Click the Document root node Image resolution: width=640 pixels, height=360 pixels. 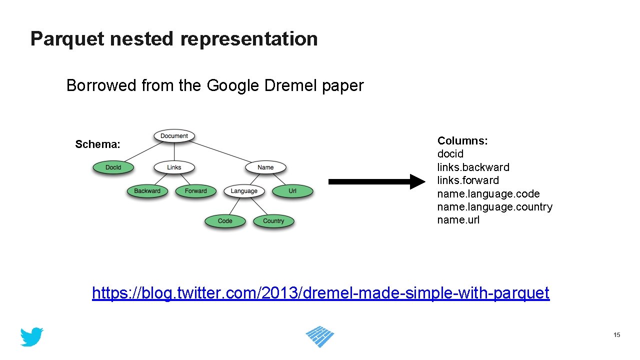pos(174,136)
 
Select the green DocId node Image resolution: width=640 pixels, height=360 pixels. pos(113,167)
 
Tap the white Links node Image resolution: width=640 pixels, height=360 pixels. pos(174,167)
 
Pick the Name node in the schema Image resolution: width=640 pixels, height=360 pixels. pos(265,167)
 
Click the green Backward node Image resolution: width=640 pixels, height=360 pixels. pos(147,191)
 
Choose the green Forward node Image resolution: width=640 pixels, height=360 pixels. pos(195,191)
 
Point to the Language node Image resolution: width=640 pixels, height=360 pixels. pos(244,191)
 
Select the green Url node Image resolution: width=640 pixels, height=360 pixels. pos(292,191)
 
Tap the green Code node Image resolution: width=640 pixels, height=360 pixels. pos(225,221)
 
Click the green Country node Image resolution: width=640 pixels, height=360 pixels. pos(273,221)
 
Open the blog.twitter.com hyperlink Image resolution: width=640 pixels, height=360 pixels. pos(320,293)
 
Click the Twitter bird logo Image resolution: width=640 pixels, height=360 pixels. pos(32,337)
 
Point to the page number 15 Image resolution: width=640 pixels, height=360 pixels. pos(617,335)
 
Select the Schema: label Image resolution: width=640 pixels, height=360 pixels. pos(98,145)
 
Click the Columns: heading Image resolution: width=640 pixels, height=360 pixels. pos(462,141)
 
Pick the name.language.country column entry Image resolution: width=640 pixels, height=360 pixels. pos(494,207)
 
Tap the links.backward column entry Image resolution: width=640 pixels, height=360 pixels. pos(473,167)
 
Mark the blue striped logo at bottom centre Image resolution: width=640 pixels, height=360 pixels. pos(320,336)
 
